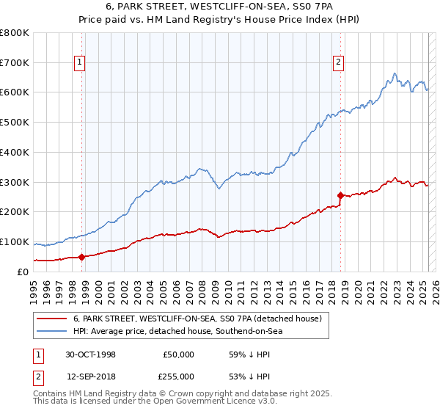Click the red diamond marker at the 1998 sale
82,256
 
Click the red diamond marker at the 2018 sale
340,195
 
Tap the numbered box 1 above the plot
79,63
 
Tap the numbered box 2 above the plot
338,63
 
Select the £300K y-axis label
15,182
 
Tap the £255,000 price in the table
178,376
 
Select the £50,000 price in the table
178,354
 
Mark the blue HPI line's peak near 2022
395,73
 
